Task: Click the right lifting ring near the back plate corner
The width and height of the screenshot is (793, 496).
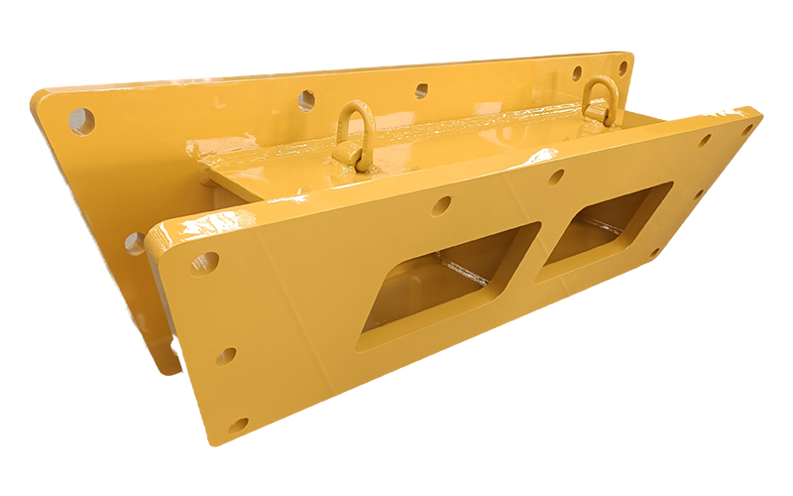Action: (601, 100)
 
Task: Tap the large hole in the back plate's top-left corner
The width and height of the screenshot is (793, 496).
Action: (82, 121)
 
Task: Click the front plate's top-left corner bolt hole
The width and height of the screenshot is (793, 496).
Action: (204, 263)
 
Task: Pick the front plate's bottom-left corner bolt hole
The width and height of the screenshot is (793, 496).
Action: (238, 425)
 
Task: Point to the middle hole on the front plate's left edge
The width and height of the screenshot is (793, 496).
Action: (226, 354)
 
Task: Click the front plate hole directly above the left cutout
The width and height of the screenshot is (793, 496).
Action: (440, 205)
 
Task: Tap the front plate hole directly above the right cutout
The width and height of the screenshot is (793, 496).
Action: (556, 177)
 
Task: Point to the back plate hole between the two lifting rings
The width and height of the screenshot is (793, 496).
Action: (421, 90)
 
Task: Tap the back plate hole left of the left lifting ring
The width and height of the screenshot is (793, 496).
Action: (306, 99)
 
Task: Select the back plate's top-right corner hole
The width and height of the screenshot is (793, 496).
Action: (623, 67)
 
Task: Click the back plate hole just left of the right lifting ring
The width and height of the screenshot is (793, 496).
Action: (576, 72)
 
